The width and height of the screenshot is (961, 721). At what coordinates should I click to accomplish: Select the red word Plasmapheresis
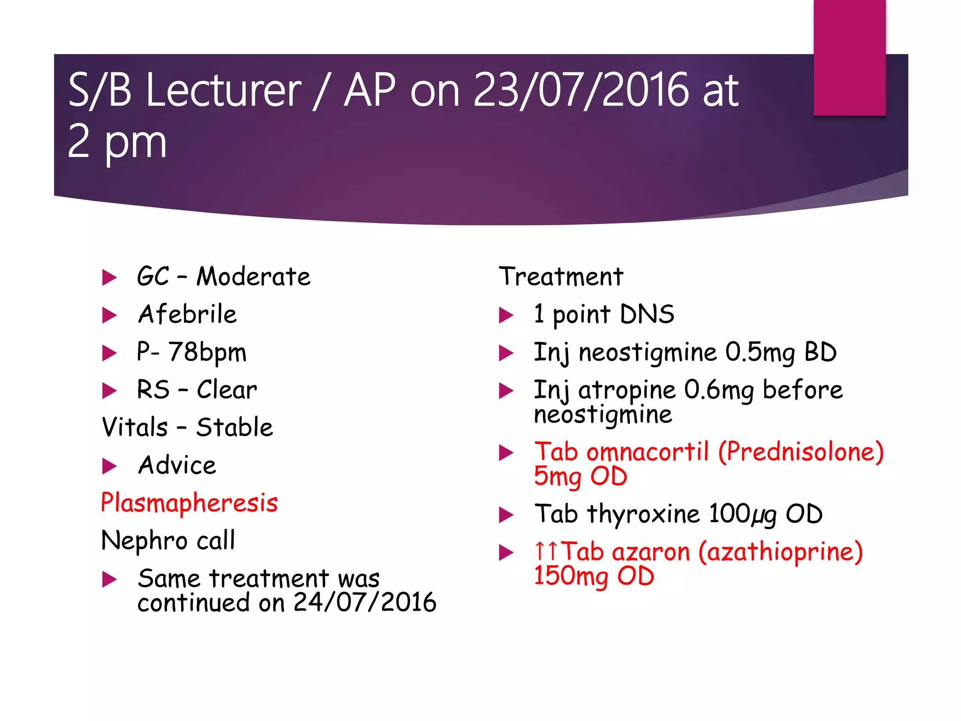[x=189, y=503]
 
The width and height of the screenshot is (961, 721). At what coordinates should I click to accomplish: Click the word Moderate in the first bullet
[x=253, y=276]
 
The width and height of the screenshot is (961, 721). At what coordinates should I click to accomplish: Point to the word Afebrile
[x=187, y=314]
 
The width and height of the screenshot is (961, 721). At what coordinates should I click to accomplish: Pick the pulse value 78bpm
[x=207, y=353]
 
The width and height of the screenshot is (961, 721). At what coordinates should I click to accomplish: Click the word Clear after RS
[x=227, y=390]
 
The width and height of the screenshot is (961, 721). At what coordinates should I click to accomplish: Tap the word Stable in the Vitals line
[x=234, y=428]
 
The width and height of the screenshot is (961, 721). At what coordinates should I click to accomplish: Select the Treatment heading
[x=561, y=276]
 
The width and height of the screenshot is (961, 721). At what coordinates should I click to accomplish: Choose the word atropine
[x=626, y=391]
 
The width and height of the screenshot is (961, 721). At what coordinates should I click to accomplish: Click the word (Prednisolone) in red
[x=801, y=452]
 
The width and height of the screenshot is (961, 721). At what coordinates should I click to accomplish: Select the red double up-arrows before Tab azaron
[x=547, y=551]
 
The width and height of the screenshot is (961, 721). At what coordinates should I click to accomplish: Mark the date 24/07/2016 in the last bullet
[x=365, y=603]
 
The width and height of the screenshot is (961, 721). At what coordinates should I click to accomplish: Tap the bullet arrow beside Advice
[x=109, y=466]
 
